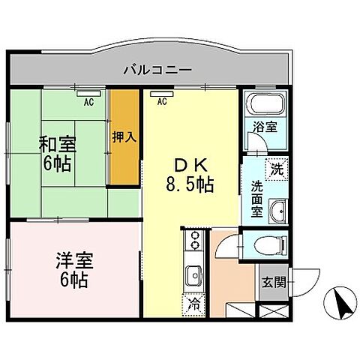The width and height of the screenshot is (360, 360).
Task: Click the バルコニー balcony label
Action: click(158, 70)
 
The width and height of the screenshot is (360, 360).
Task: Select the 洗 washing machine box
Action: click(277, 169)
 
